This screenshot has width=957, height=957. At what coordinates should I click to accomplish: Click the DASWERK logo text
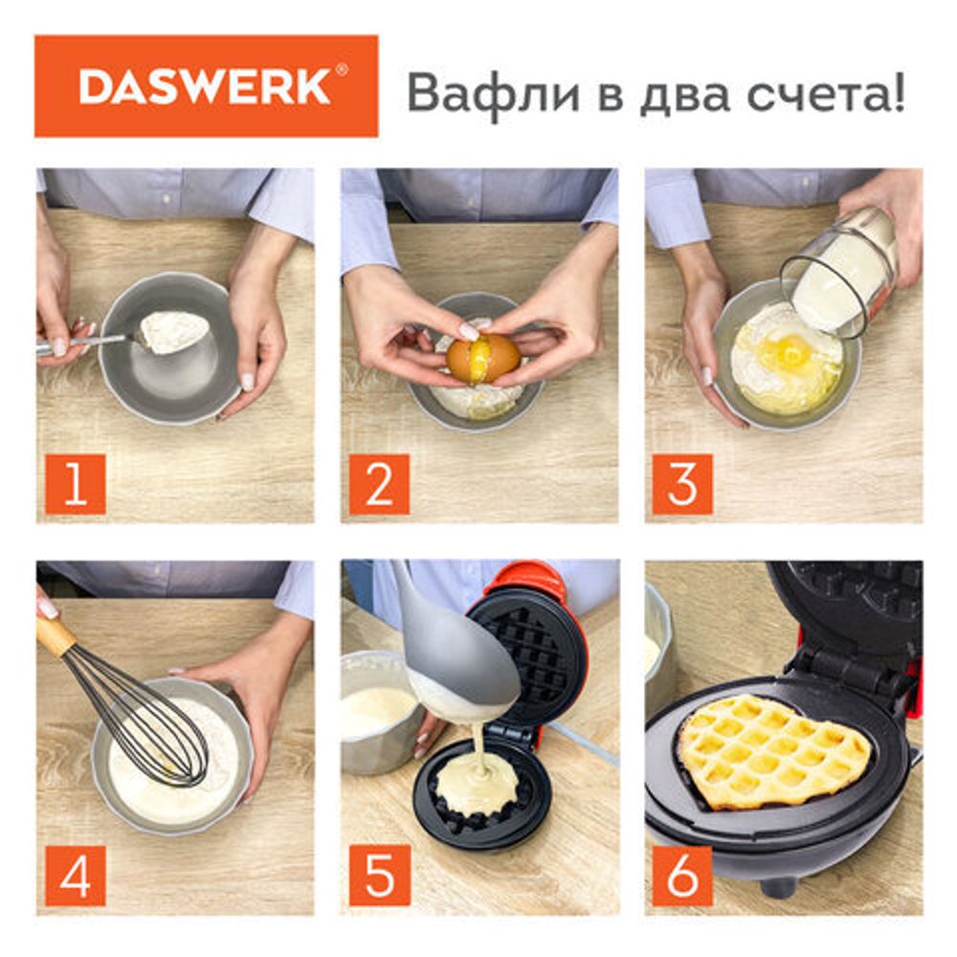click(206, 86)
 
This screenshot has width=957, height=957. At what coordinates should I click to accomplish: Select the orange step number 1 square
click(76, 484)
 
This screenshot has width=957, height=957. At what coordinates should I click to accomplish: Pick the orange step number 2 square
click(379, 484)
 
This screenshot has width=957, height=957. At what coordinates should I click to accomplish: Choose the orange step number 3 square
click(682, 484)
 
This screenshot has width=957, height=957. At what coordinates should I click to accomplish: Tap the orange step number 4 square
click(76, 875)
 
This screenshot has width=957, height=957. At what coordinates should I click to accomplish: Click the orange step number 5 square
click(379, 875)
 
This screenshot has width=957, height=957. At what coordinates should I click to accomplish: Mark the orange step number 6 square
click(682, 875)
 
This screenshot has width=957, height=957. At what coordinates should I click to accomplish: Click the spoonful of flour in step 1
click(174, 331)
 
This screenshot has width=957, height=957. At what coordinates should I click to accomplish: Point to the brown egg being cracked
click(483, 359)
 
